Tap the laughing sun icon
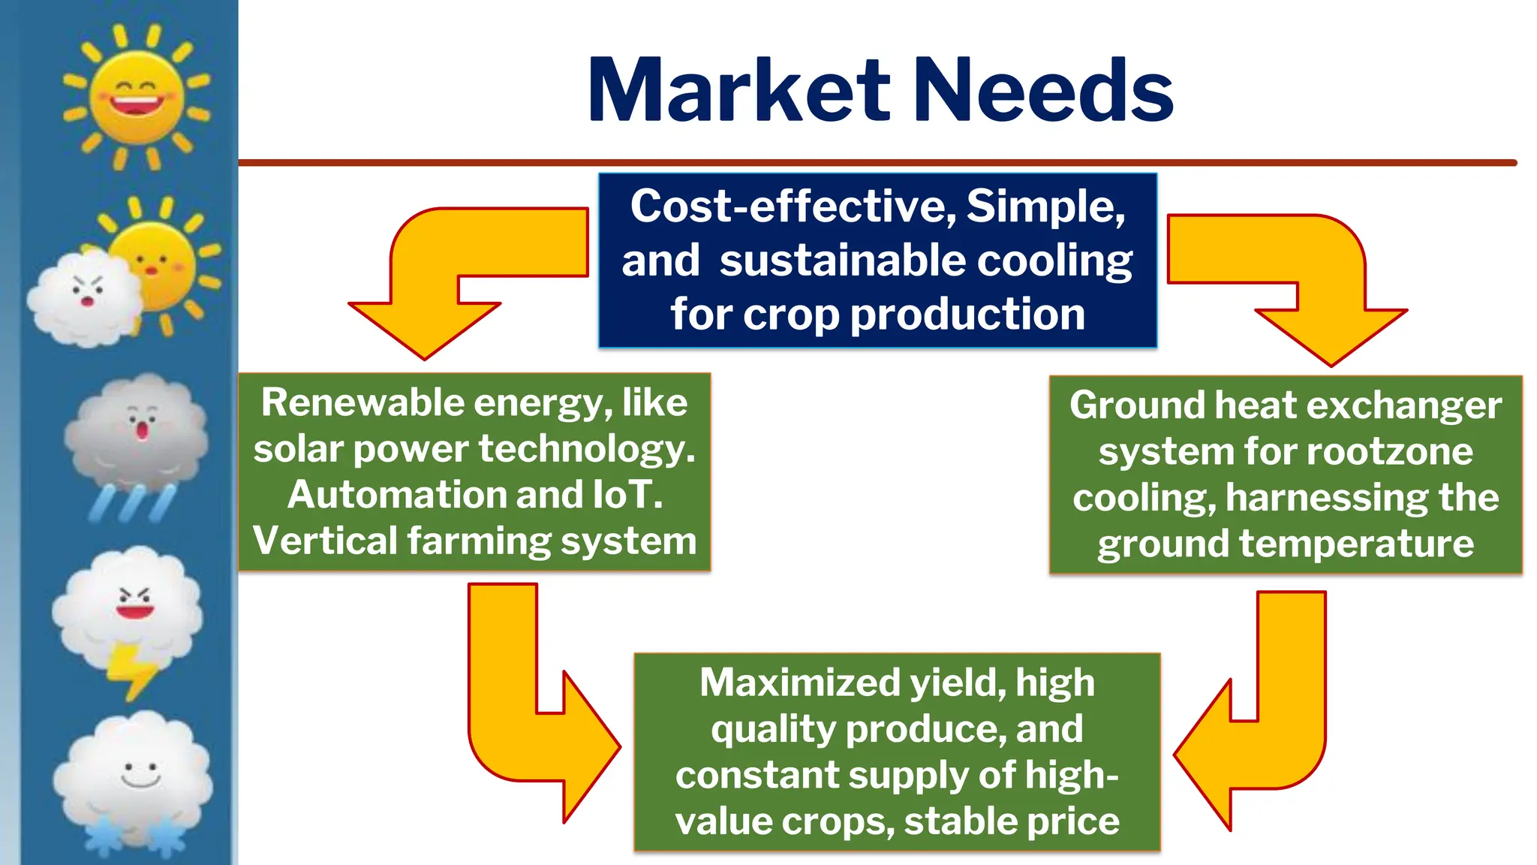click(x=136, y=97)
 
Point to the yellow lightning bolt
click(x=132, y=670)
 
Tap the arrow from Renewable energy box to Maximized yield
click(x=525, y=721)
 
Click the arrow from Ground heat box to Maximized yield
click(x=1268, y=728)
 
